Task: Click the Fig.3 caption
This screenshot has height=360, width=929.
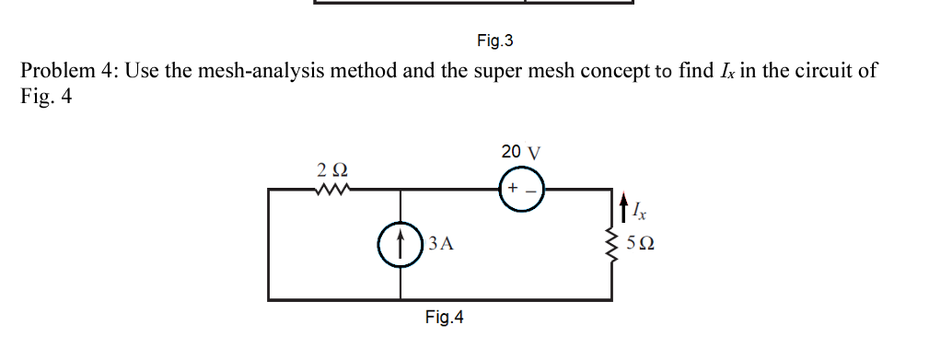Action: click(494, 41)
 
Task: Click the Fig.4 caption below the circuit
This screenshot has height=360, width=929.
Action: click(444, 318)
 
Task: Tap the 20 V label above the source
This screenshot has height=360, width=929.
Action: click(521, 151)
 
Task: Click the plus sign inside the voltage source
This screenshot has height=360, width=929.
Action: click(510, 189)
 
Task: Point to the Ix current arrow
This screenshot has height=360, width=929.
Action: click(625, 208)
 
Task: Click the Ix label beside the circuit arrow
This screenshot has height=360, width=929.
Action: click(640, 213)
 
